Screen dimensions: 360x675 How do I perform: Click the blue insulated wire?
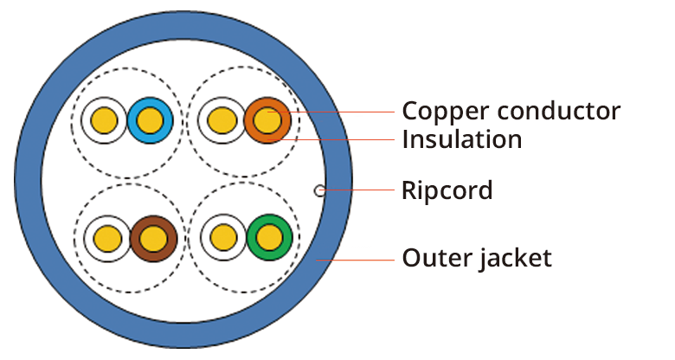click(x=151, y=120)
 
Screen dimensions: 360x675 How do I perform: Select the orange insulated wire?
click(x=267, y=120)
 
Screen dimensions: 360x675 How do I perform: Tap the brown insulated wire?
click(x=154, y=237)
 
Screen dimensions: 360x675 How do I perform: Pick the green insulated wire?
click(x=270, y=237)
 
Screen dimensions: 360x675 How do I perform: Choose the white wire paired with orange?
click(x=222, y=120)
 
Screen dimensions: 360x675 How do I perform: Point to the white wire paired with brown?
click(x=107, y=237)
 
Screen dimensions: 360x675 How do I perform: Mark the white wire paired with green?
click(x=223, y=237)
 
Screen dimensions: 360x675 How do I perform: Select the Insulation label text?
click(x=462, y=138)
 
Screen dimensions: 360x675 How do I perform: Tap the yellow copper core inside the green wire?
click(x=270, y=237)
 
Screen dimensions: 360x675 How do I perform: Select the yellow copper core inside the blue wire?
click(x=151, y=120)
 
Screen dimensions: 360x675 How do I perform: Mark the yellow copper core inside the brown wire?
click(x=154, y=237)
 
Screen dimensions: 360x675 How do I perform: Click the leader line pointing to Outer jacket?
click(x=355, y=259)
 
